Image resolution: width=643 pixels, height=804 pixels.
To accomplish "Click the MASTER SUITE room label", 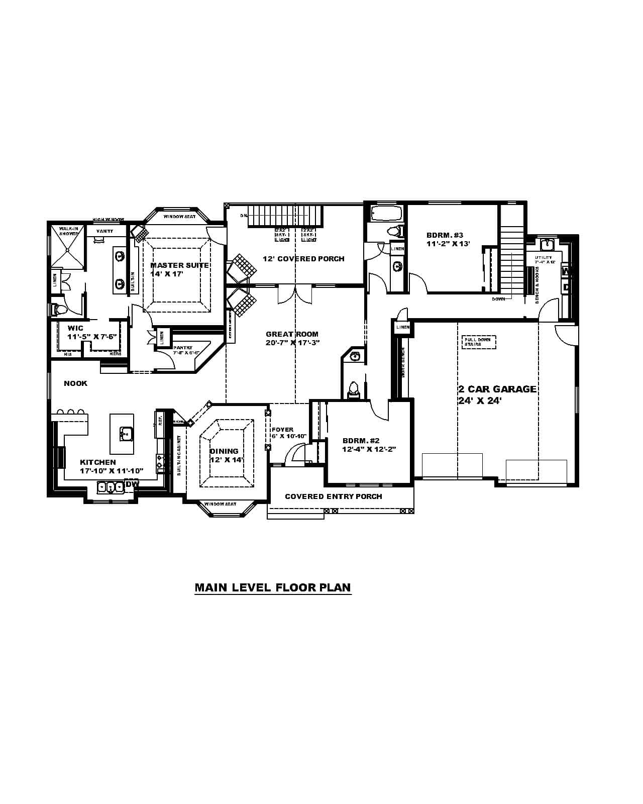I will tap(179, 265).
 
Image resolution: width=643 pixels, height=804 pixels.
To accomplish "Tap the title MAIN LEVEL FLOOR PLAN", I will tap(273, 587).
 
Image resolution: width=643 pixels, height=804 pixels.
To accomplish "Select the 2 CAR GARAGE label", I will tap(497, 389).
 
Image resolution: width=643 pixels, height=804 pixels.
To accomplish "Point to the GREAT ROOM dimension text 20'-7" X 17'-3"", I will tap(293, 343).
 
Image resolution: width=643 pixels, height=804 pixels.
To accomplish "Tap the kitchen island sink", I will tap(126, 433).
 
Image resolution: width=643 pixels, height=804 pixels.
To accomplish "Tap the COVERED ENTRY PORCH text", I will tap(334, 496).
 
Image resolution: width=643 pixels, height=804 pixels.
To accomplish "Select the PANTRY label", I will tap(182, 348).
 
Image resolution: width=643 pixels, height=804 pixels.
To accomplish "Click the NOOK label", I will tap(75, 383).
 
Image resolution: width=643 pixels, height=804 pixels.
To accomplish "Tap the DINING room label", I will tap(224, 451).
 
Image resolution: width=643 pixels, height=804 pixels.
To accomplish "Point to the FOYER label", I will tap(282, 430).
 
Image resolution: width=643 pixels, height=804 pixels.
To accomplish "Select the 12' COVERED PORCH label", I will tap(303, 259).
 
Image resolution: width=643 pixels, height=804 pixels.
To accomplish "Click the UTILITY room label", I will tap(544, 257).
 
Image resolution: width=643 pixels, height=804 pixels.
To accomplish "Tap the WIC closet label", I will tap(75, 328).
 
